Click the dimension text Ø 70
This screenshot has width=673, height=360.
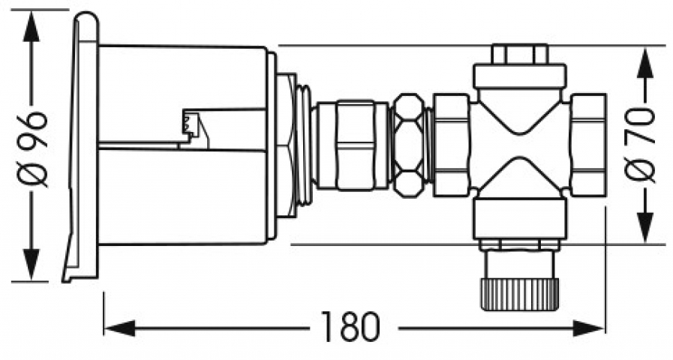641,145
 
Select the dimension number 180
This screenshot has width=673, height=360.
350,328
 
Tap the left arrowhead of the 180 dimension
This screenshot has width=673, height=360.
120,328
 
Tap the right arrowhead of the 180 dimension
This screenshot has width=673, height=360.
588,328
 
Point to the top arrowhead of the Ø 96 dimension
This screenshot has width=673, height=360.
32,26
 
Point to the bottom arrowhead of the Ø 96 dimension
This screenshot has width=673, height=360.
32,265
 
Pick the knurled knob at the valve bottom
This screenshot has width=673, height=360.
520,294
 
